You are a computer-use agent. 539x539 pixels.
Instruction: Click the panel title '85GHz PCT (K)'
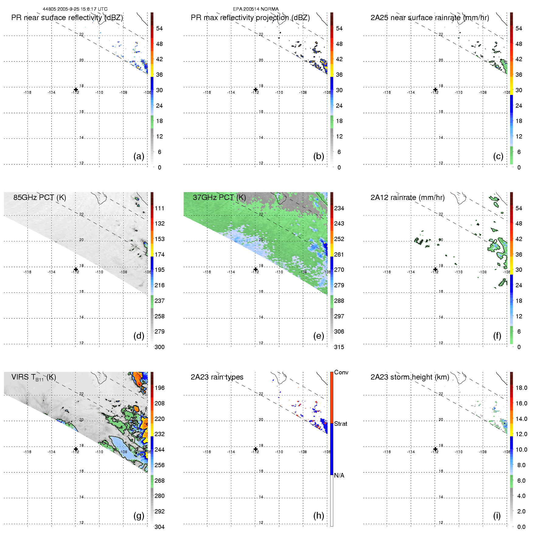tap(40, 197)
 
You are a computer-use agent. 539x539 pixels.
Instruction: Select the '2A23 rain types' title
tap(217, 377)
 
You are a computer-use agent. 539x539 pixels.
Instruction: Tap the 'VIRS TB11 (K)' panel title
tap(33, 377)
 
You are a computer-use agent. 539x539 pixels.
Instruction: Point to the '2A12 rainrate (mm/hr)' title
tap(407, 198)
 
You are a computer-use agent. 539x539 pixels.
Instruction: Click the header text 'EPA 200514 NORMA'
tap(256, 9)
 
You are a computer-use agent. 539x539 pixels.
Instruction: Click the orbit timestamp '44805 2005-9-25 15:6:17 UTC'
tap(75, 9)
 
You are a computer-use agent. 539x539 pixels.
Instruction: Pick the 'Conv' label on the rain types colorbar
tap(341, 372)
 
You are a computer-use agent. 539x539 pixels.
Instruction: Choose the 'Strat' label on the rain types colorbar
tap(340, 424)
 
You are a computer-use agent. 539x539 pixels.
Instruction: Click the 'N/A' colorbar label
tap(339, 475)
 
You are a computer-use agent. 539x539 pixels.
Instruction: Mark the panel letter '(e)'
tap(318, 336)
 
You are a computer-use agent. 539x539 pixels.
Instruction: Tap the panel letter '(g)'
tap(139, 516)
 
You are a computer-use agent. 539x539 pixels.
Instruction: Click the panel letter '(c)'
tap(498, 156)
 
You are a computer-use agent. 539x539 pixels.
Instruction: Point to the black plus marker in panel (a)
tap(76, 89)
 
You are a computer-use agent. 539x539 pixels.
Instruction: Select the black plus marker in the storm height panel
tap(435, 449)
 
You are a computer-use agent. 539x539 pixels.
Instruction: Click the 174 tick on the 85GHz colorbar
tap(159, 254)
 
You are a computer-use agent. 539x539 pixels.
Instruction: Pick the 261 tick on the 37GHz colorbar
tap(339, 254)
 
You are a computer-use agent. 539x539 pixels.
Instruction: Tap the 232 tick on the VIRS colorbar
tap(159, 434)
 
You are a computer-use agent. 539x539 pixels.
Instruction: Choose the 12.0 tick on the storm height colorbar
tap(521, 434)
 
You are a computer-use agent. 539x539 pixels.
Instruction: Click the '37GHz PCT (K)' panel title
tap(219, 197)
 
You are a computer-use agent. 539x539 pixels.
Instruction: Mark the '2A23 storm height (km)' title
tap(410, 377)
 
